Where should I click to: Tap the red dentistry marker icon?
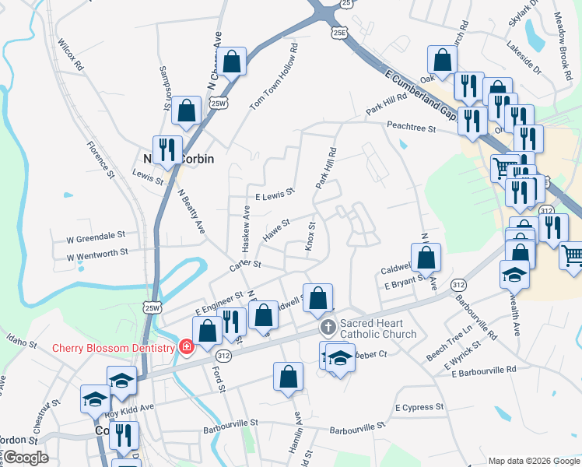tap(185, 346)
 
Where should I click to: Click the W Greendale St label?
tap(96, 235)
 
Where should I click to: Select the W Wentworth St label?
tap(97, 254)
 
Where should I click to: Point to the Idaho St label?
tap(21, 341)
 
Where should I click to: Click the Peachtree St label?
tap(410, 126)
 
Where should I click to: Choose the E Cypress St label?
tap(419, 407)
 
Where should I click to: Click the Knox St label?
tap(309, 236)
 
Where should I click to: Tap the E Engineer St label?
tap(220, 303)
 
